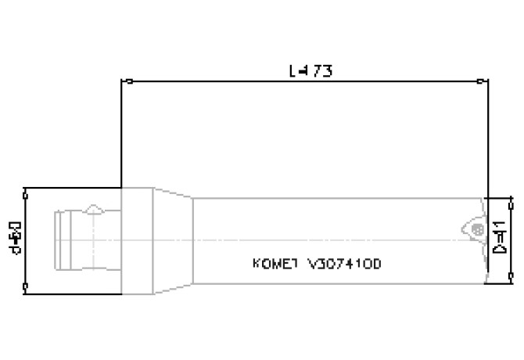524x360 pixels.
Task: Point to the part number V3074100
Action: tap(346, 264)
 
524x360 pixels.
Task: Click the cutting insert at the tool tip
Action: tap(474, 227)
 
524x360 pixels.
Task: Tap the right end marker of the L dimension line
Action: tap(480, 81)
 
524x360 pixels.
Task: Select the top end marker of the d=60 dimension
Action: tap(27, 189)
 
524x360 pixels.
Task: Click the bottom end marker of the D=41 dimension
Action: tap(511, 283)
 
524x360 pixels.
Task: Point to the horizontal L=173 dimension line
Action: tap(235, 81)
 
